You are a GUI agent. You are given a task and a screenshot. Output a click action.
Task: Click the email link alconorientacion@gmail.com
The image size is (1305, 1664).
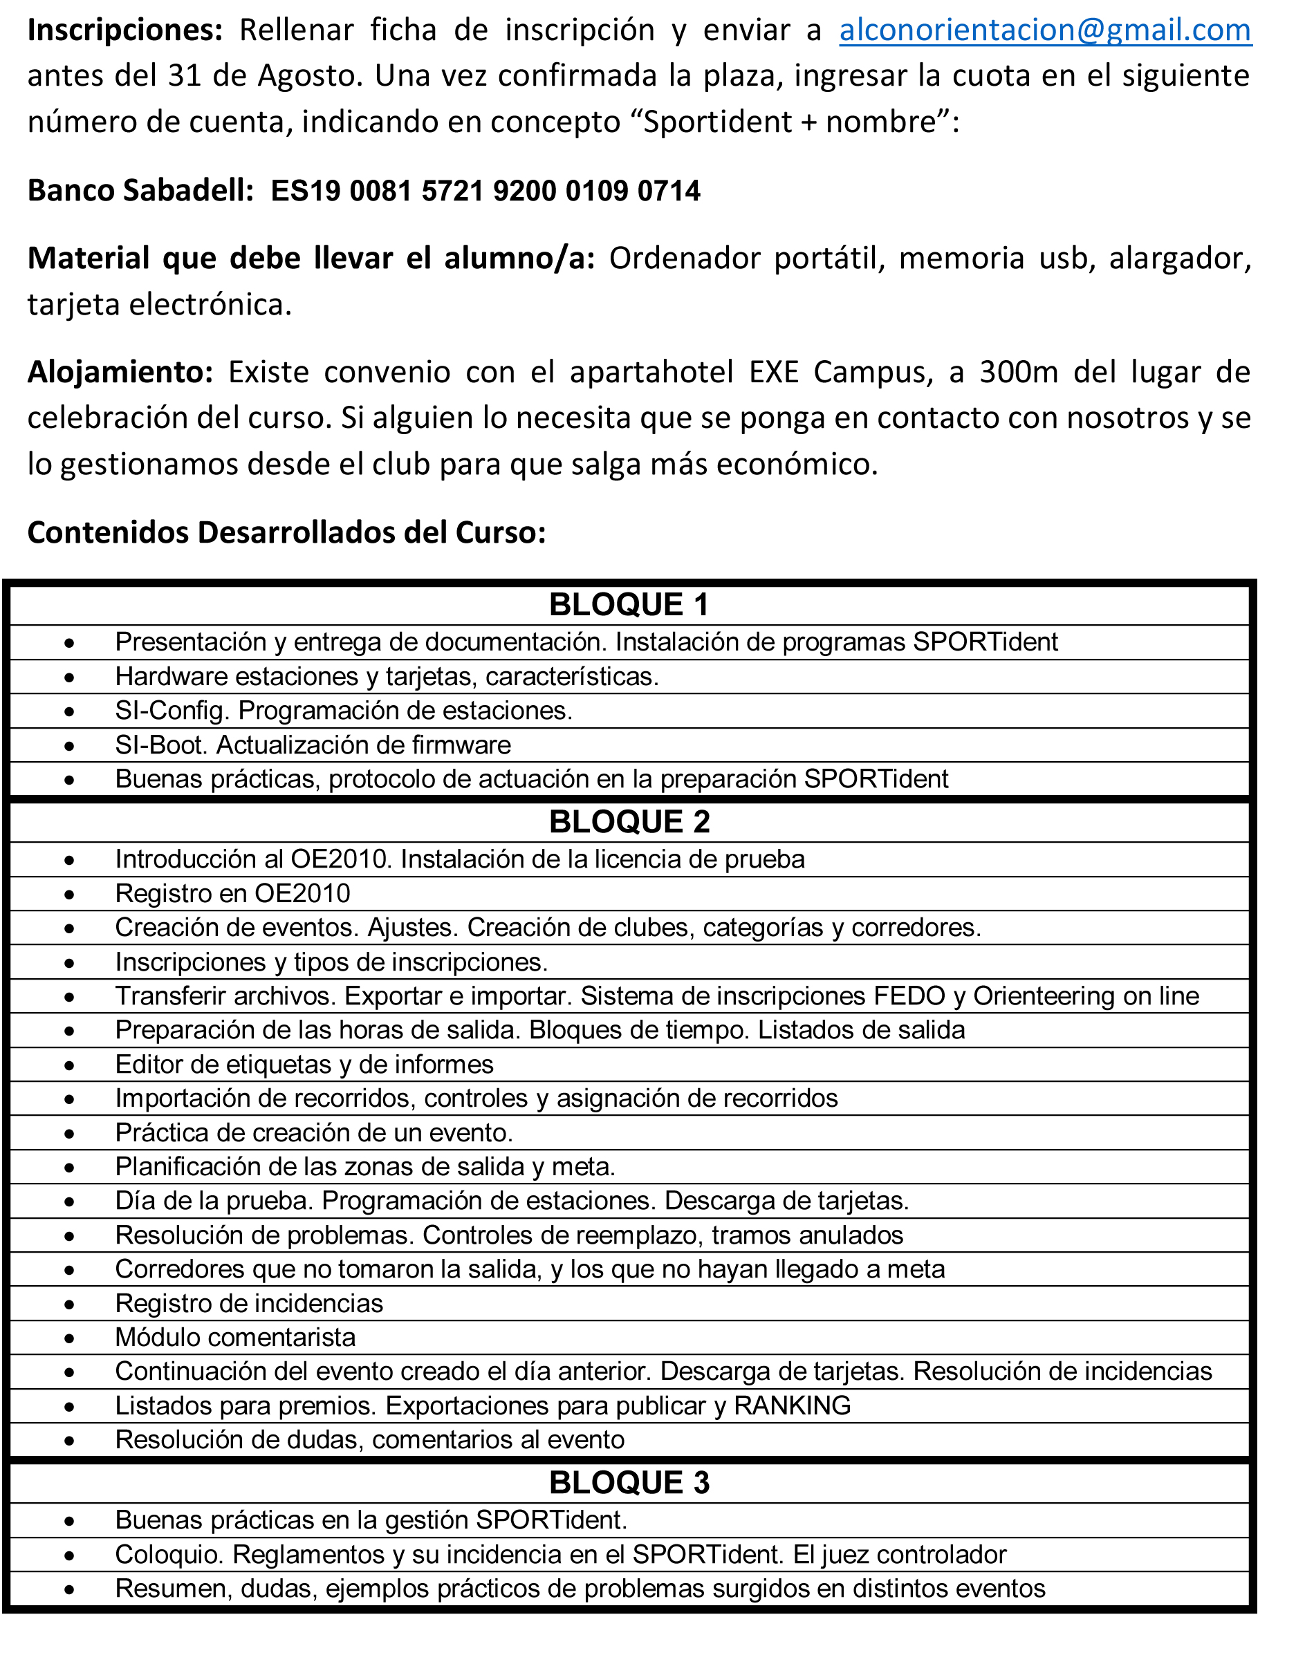(x=1044, y=30)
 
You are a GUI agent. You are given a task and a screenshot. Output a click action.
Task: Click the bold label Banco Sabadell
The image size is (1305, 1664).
(x=140, y=190)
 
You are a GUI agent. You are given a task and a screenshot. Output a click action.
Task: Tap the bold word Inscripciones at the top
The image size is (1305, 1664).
(x=124, y=30)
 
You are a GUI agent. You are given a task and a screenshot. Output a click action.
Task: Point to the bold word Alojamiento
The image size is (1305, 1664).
(x=120, y=372)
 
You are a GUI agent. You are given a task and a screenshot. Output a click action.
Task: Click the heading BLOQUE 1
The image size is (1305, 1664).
(x=629, y=605)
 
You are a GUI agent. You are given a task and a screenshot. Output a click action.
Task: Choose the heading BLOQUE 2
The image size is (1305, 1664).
(x=629, y=822)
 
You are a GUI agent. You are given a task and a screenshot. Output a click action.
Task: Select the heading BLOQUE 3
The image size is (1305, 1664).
(x=629, y=1482)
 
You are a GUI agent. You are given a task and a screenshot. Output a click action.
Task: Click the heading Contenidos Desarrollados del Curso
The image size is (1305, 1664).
(x=286, y=532)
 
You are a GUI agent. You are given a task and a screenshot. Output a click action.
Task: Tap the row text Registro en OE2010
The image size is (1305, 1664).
(x=232, y=893)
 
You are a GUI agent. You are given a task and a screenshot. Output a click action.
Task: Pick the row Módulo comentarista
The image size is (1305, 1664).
(x=235, y=1337)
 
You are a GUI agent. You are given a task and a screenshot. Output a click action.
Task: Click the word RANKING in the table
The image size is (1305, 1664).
(x=793, y=1405)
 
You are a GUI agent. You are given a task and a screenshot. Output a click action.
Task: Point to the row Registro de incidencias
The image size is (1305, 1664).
(x=249, y=1303)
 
